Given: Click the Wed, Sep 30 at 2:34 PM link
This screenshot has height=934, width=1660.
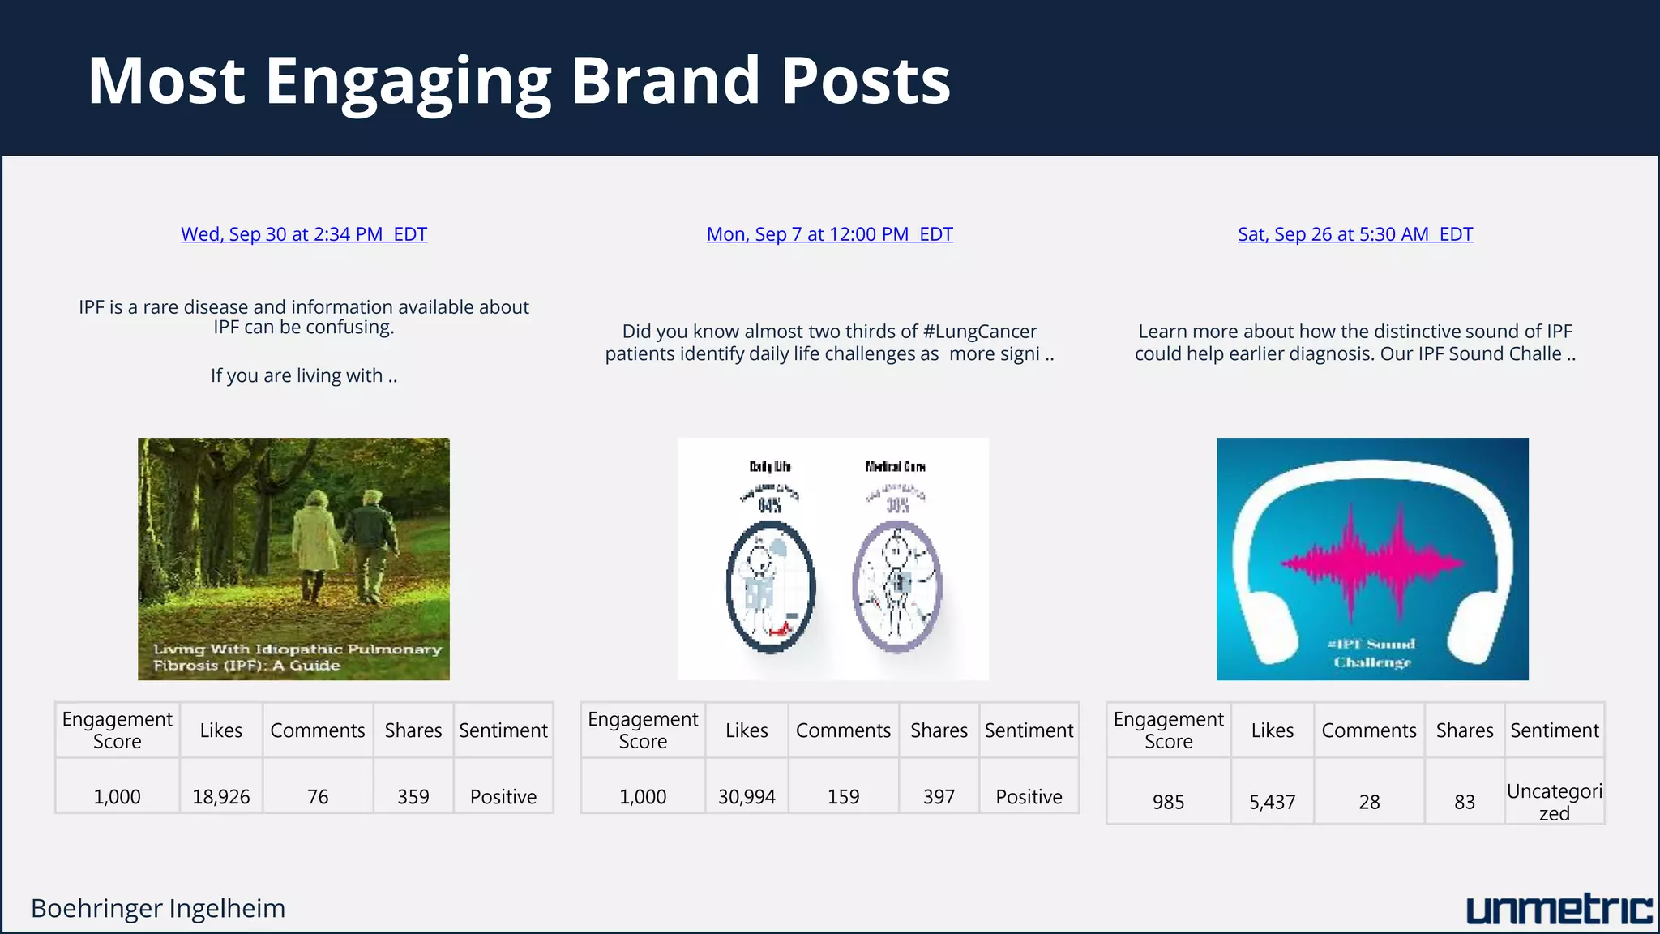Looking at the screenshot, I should point(303,234).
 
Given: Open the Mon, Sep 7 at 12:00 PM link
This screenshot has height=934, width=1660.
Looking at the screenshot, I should point(829,234).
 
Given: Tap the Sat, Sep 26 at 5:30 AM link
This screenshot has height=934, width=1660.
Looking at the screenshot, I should point(1354,234).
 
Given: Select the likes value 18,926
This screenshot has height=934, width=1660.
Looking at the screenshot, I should point(220,797).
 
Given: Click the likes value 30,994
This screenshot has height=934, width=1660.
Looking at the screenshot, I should point(747,797).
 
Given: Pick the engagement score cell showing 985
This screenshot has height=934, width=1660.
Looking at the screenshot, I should point(1168,802).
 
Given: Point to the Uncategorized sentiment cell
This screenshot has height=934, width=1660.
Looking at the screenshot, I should point(1554,802).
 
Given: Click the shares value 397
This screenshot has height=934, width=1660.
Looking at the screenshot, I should point(939,797).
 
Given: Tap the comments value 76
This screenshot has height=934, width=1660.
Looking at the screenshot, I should point(318,797).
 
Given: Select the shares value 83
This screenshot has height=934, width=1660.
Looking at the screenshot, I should point(1464,802).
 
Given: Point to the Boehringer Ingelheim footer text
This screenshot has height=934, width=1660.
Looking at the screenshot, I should point(158,908).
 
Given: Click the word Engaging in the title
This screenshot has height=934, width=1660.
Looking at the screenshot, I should point(409,81).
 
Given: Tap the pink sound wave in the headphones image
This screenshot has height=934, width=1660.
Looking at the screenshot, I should point(1371,562).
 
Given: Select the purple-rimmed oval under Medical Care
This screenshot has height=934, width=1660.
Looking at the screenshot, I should point(896,585).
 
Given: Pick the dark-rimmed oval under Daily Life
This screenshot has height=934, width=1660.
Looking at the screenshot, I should point(770,585).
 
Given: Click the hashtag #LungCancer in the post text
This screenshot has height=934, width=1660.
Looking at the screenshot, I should point(979,332).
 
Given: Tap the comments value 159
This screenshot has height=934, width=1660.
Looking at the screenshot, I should point(843,797).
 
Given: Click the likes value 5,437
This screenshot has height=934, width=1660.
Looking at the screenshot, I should point(1272,802).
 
